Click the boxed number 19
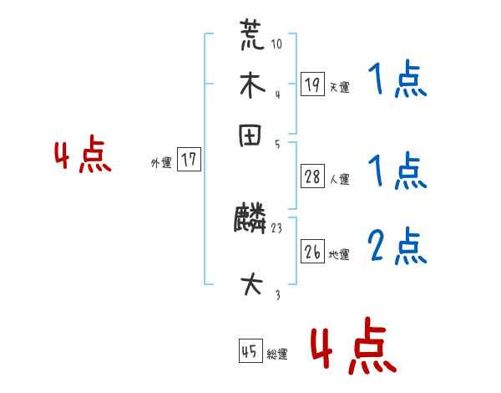pyautogui.click(x=311, y=84)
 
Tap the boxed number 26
pyautogui.click(x=311, y=252)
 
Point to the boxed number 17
pyautogui.click(x=190, y=161)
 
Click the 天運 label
pyautogui.click(x=340, y=87)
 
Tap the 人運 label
pyautogui.click(x=340, y=179)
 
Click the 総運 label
pyautogui.click(x=277, y=355)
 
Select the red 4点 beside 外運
pyautogui.click(x=83, y=157)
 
